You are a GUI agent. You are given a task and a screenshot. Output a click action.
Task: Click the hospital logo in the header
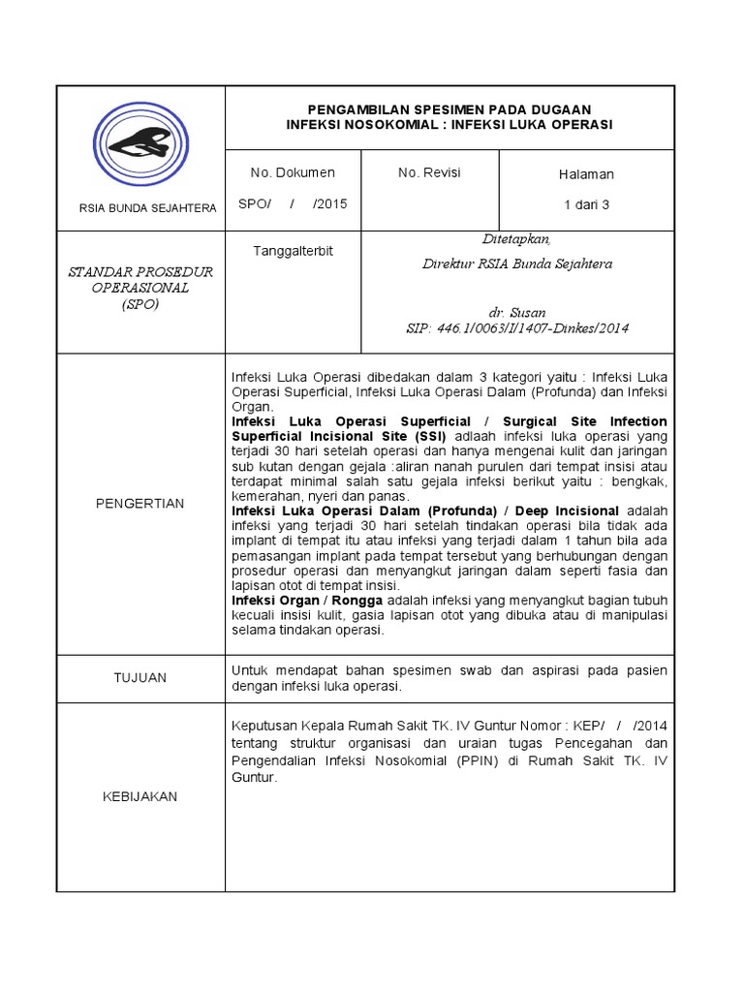click(x=141, y=145)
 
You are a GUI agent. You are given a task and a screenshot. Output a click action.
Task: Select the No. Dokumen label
click(x=293, y=173)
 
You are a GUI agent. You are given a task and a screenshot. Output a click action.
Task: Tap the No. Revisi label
click(x=429, y=173)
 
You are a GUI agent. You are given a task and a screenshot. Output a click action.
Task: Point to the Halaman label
click(x=586, y=174)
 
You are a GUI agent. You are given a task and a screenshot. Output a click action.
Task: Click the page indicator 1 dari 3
click(x=586, y=204)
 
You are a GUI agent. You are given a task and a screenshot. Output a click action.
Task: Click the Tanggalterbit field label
click(x=293, y=251)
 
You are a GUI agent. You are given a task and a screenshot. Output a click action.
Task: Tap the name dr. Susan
click(x=517, y=313)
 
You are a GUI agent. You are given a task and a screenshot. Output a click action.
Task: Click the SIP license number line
click(x=517, y=328)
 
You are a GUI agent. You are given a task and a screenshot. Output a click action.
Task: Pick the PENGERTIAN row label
click(x=139, y=504)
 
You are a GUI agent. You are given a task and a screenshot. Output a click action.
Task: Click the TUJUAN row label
click(x=139, y=678)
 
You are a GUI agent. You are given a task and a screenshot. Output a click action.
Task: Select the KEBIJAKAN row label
click(x=139, y=796)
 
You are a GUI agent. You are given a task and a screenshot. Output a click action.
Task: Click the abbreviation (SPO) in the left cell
click(x=139, y=304)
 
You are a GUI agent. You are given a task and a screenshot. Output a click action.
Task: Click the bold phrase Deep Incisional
click(x=567, y=511)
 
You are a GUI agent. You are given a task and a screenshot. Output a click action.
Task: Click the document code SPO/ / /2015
click(x=293, y=204)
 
